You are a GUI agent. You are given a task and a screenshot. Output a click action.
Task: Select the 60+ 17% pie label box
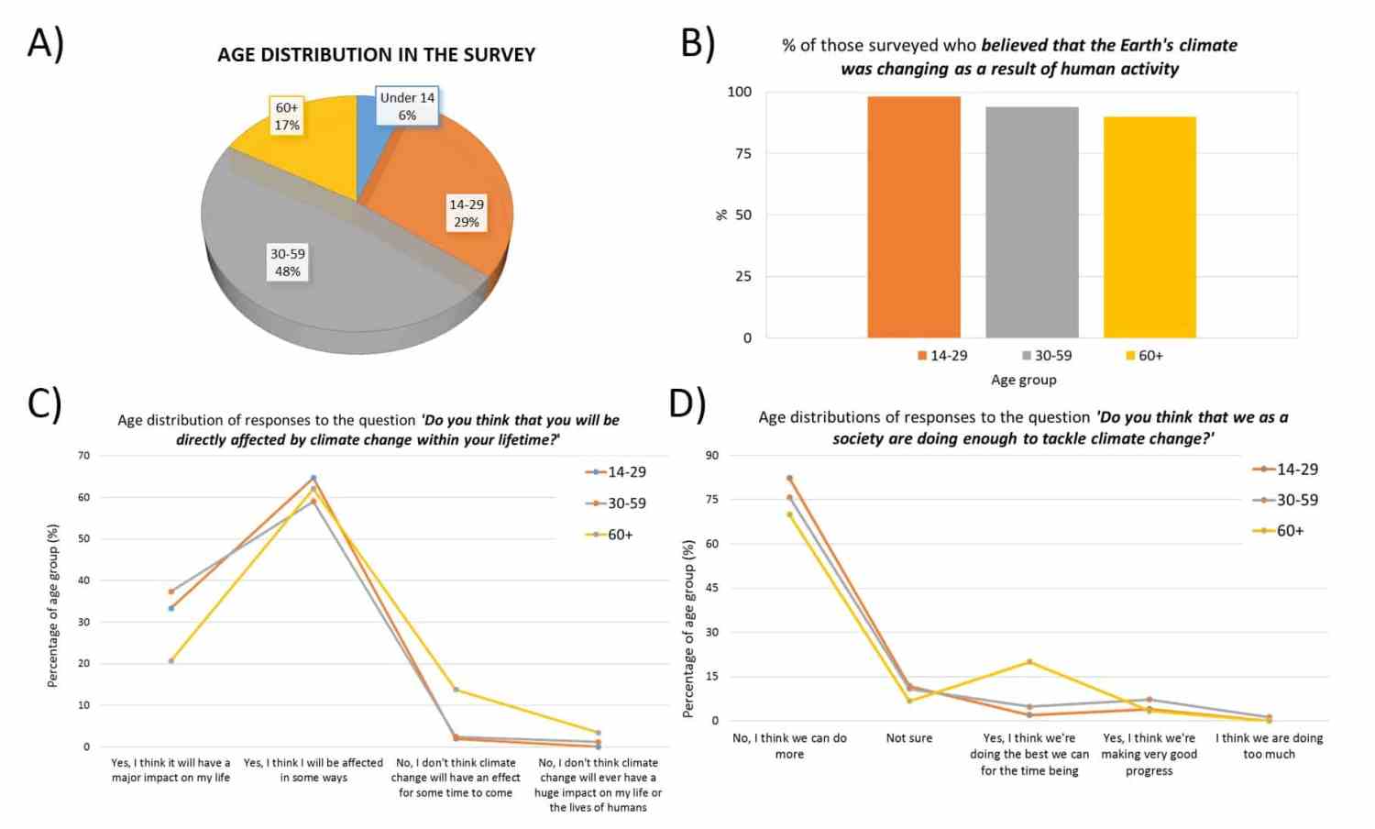tap(287, 116)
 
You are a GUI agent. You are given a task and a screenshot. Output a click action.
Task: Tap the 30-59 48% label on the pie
tap(288, 262)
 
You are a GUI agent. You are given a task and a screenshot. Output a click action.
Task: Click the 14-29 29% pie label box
tap(467, 213)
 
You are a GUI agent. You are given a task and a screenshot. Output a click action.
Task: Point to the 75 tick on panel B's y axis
tap(742, 153)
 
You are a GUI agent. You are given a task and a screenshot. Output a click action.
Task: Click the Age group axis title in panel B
tap(1023, 380)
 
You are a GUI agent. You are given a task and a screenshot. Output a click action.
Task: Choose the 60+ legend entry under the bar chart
tap(1144, 356)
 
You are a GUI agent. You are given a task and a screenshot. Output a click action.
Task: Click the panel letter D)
tap(687, 403)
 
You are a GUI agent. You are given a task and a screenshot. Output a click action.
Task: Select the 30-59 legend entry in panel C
tap(616, 503)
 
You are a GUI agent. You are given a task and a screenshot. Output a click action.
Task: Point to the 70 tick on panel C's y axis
tap(84, 455)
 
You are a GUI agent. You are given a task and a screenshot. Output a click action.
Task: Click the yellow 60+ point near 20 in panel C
tap(171, 661)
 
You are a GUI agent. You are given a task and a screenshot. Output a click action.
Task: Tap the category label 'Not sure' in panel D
tap(908, 738)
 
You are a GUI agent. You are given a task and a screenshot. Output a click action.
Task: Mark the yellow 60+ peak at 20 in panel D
tap(1029, 661)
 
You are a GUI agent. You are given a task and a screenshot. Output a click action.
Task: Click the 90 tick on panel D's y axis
tap(712, 455)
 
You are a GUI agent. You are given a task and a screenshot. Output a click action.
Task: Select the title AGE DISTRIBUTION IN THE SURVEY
tap(376, 55)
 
